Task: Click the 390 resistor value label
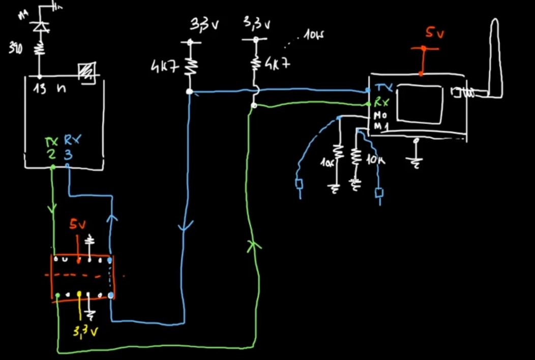(x=15, y=49)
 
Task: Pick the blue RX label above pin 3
(x=72, y=140)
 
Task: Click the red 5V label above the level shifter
(x=77, y=225)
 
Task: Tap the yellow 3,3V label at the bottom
(x=84, y=332)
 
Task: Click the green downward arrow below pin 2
(x=53, y=208)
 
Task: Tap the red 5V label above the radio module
(x=435, y=34)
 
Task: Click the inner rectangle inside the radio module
(x=420, y=103)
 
